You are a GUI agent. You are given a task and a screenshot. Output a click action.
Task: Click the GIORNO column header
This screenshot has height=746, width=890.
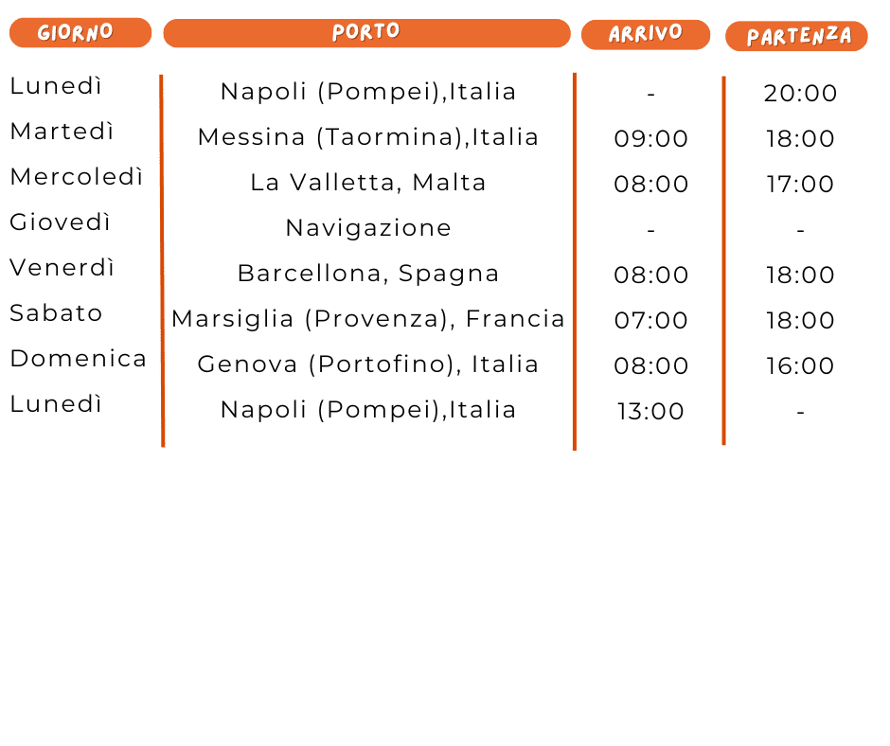tap(80, 33)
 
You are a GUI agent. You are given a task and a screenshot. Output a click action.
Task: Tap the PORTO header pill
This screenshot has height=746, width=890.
tap(366, 33)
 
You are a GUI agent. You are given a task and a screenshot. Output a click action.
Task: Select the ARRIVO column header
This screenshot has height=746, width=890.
tap(645, 34)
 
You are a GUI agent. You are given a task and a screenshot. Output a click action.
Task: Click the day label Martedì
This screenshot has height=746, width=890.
tap(62, 132)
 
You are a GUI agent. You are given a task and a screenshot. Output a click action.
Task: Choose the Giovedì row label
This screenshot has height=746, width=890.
tap(61, 222)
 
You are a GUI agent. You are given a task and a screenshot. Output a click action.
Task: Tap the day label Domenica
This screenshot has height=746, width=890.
tap(78, 359)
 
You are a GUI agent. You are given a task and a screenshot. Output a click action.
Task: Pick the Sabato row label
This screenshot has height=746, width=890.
tap(56, 313)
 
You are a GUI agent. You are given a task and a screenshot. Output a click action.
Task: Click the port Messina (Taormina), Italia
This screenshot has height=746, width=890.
tap(367, 137)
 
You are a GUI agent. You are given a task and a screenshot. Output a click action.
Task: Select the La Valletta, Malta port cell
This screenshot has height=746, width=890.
tap(367, 183)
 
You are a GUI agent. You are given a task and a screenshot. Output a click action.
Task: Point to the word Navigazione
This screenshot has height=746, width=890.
tap(367, 228)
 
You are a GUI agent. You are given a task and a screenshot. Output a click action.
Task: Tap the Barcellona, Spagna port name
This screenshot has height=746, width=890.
tap(367, 274)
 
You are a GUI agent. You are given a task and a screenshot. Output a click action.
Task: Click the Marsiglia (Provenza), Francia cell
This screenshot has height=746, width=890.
tap(367, 319)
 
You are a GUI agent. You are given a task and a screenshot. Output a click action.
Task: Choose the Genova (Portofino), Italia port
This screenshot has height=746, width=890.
tap(367, 364)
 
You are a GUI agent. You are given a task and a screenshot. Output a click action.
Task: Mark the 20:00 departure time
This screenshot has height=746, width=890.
tap(800, 94)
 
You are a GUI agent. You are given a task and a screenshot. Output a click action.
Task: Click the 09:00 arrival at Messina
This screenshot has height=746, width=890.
tap(650, 139)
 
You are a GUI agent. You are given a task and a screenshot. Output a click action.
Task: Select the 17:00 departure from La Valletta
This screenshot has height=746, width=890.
tap(800, 185)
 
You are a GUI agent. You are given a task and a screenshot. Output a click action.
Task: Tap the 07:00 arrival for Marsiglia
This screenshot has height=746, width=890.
tap(650, 321)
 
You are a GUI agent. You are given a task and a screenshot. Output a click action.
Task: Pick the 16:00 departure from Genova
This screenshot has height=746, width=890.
tap(800, 366)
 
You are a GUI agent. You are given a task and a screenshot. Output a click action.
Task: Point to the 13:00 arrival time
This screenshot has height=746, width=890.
tap(650, 412)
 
